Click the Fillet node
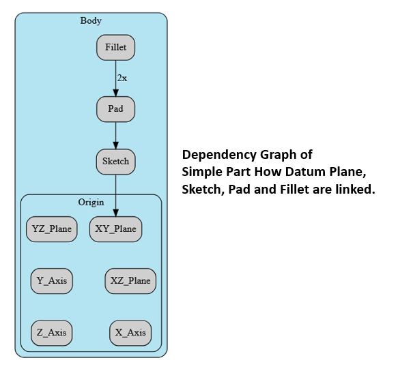pos(115,48)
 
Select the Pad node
pos(115,108)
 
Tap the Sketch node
pos(115,162)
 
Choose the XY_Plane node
pos(115,229)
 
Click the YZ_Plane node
pos(52,229)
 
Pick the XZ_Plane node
pos(130,281)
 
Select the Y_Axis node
pos(52,281)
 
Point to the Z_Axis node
pos(52,333)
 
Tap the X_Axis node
pos(130,333)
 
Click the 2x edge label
pos(122,78)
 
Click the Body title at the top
pos(91,20)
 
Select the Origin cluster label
pos(91,203)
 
